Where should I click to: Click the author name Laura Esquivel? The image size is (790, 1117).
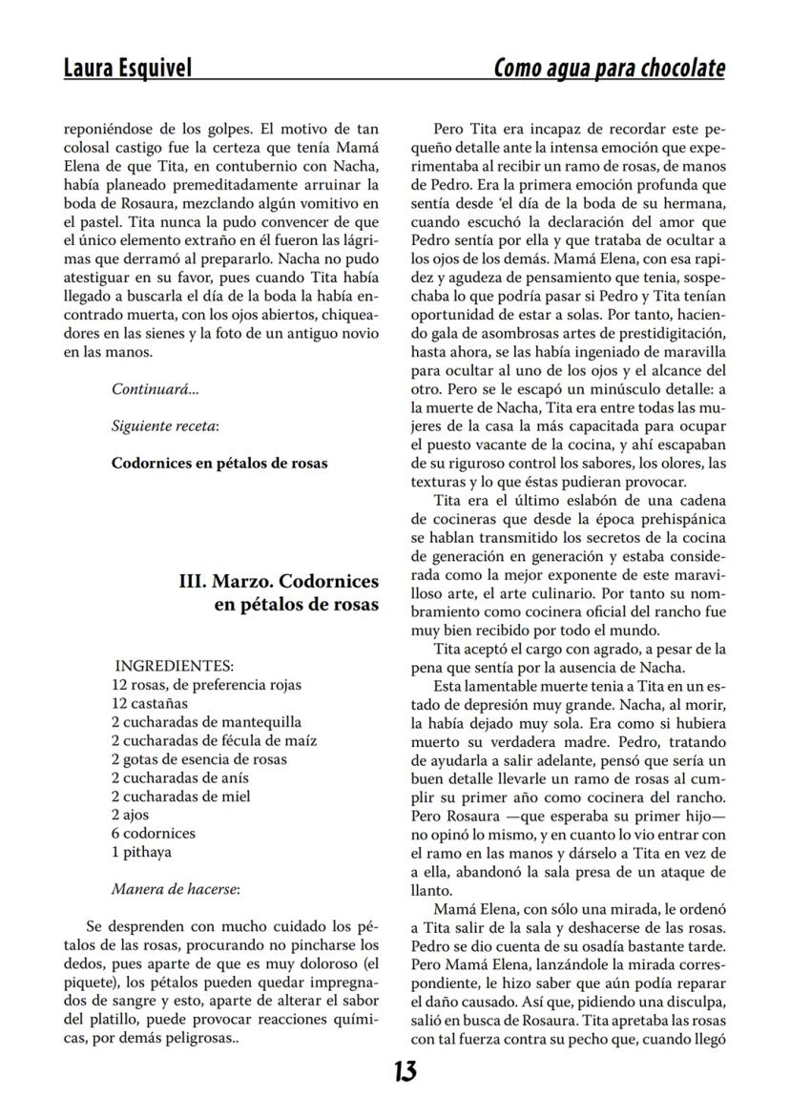(x=127, y=69)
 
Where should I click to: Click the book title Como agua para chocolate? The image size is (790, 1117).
(x=609, y=69)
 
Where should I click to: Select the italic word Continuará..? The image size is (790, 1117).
(x=156, y=389)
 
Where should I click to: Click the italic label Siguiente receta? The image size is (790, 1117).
(x=165, y=426)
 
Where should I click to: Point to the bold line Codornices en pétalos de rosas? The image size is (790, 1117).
(x=219, y=464)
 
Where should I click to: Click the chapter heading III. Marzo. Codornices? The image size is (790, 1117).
(x=279, y=581)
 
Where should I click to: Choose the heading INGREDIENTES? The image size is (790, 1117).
(x=174, y=667)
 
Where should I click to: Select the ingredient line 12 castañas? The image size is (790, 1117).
(x=150, y=703)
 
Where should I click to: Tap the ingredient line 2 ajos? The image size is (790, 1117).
(x=130, y=815)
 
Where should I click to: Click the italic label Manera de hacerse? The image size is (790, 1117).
(x=175, y=889)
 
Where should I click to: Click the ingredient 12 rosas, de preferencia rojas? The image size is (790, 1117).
(x=206, y=685)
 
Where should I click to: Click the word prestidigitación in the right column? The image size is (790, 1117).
(x=658, y=333)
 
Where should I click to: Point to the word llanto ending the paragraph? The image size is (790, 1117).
(x=427, y=889)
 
